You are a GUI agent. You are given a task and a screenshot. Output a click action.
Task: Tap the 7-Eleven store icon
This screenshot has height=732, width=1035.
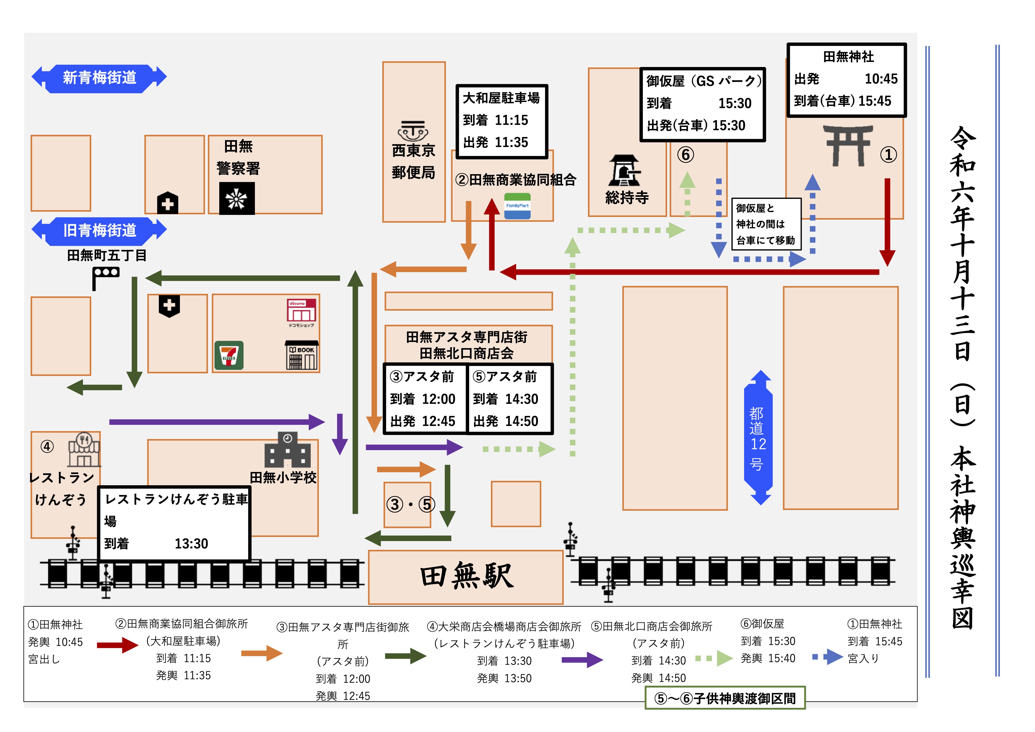click(229, 355)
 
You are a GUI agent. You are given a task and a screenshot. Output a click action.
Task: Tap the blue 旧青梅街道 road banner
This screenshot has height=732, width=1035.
click(99, 231)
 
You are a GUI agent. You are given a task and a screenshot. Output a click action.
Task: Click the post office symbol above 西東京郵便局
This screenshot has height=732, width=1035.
click(413, 131)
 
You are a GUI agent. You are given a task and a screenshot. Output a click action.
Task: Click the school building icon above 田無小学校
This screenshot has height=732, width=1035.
click(288, 450)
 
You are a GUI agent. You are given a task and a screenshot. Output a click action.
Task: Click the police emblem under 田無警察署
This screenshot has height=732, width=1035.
click(237, 198)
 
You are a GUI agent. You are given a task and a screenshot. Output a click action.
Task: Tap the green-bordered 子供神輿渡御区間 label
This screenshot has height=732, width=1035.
click(725, 698)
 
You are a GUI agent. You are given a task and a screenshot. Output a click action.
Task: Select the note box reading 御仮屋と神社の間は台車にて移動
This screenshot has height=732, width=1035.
click(766, 224)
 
